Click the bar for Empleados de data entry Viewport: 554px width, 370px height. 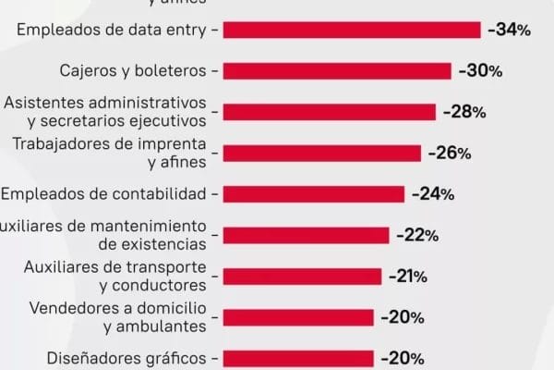(x=352, y=30)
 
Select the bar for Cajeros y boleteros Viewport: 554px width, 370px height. (x=337, y=71)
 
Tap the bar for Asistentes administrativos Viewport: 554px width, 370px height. (x=330, y=112)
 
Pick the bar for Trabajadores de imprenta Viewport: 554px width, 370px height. (x=322, y=154)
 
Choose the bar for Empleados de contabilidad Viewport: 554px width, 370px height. (x=314, y=194)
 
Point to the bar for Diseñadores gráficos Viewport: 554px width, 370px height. (x=298, y=358)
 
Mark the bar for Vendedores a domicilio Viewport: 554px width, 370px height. (x=298, y=317)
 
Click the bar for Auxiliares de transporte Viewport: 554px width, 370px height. (x=302, y=276)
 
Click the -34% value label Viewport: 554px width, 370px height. (x=509, y=30)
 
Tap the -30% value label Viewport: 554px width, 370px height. (x=480, y=71)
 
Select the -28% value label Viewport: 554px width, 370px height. (x=464, y=112)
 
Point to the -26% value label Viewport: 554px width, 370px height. (x=450, y=154)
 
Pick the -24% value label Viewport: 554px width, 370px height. (x=432, y=194)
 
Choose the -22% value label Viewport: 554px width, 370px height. (x=416, y=235)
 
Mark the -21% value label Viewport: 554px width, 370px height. (x=409, y=276)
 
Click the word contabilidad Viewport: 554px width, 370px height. (x=163, y=194)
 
